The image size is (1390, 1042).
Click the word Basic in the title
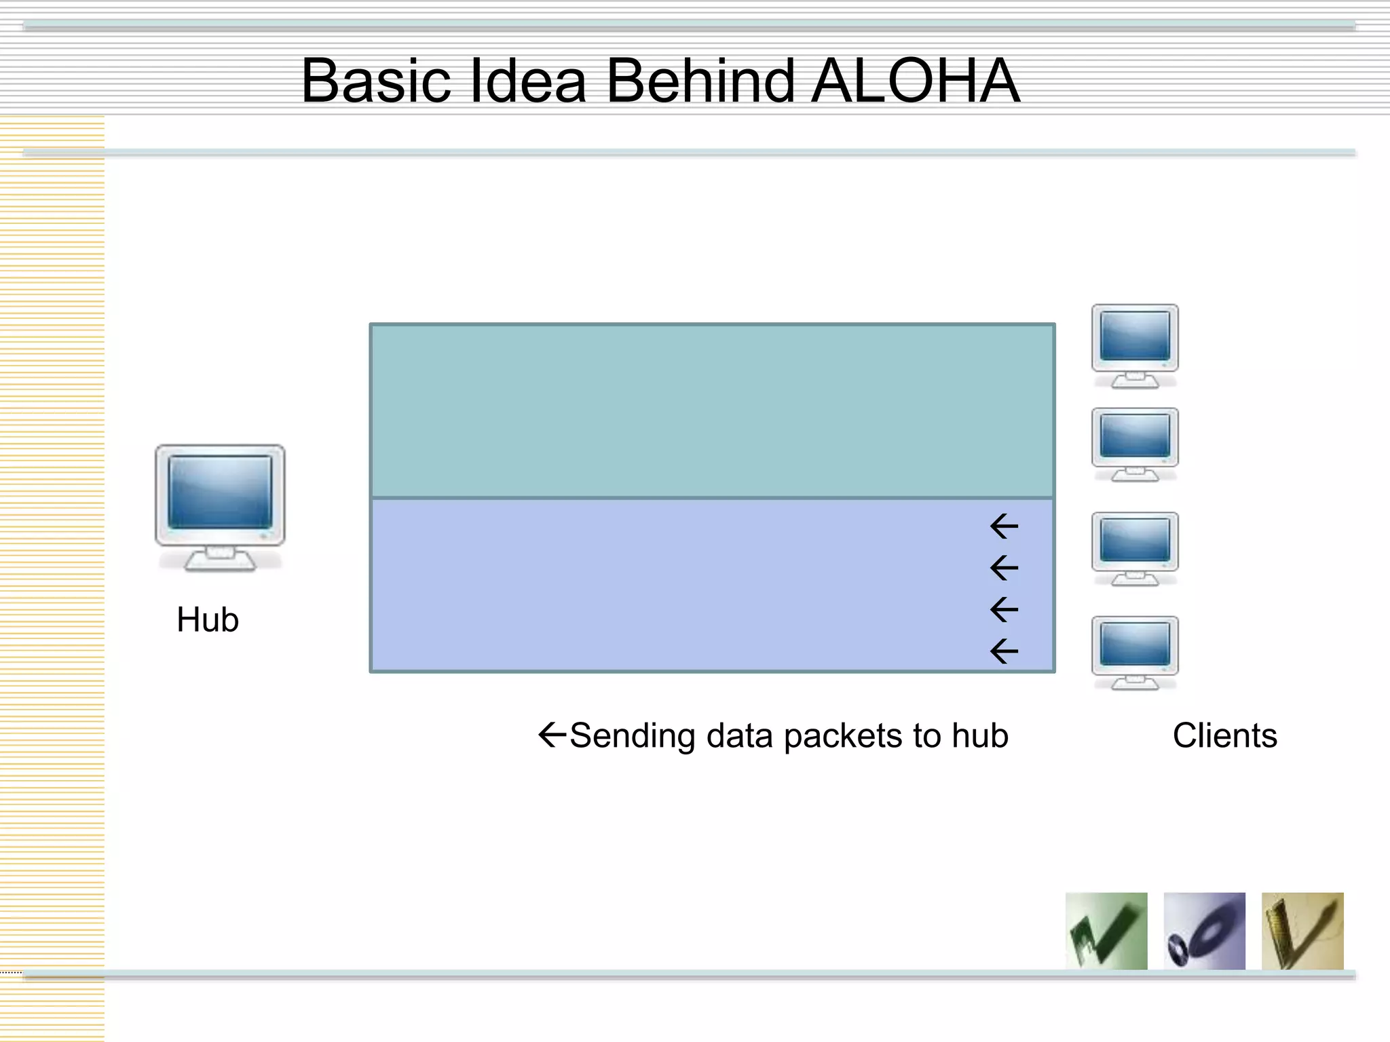[377, 81]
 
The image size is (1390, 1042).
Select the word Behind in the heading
[700, 81]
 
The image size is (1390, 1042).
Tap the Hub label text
[208, 619]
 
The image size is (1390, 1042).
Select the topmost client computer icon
[1135, 345]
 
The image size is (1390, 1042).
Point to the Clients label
[1224, 735]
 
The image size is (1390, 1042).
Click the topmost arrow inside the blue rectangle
[1004, 526]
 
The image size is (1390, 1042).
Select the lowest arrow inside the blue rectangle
[1004, 652]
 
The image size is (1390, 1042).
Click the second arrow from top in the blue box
[1004, 568]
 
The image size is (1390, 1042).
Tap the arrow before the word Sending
[552, 734]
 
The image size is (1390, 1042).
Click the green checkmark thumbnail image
[1106, 931]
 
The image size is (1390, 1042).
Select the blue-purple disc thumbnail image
[1204, 931]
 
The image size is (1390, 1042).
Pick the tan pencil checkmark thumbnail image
[1302, 931]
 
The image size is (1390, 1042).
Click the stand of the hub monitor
[220, 559]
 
